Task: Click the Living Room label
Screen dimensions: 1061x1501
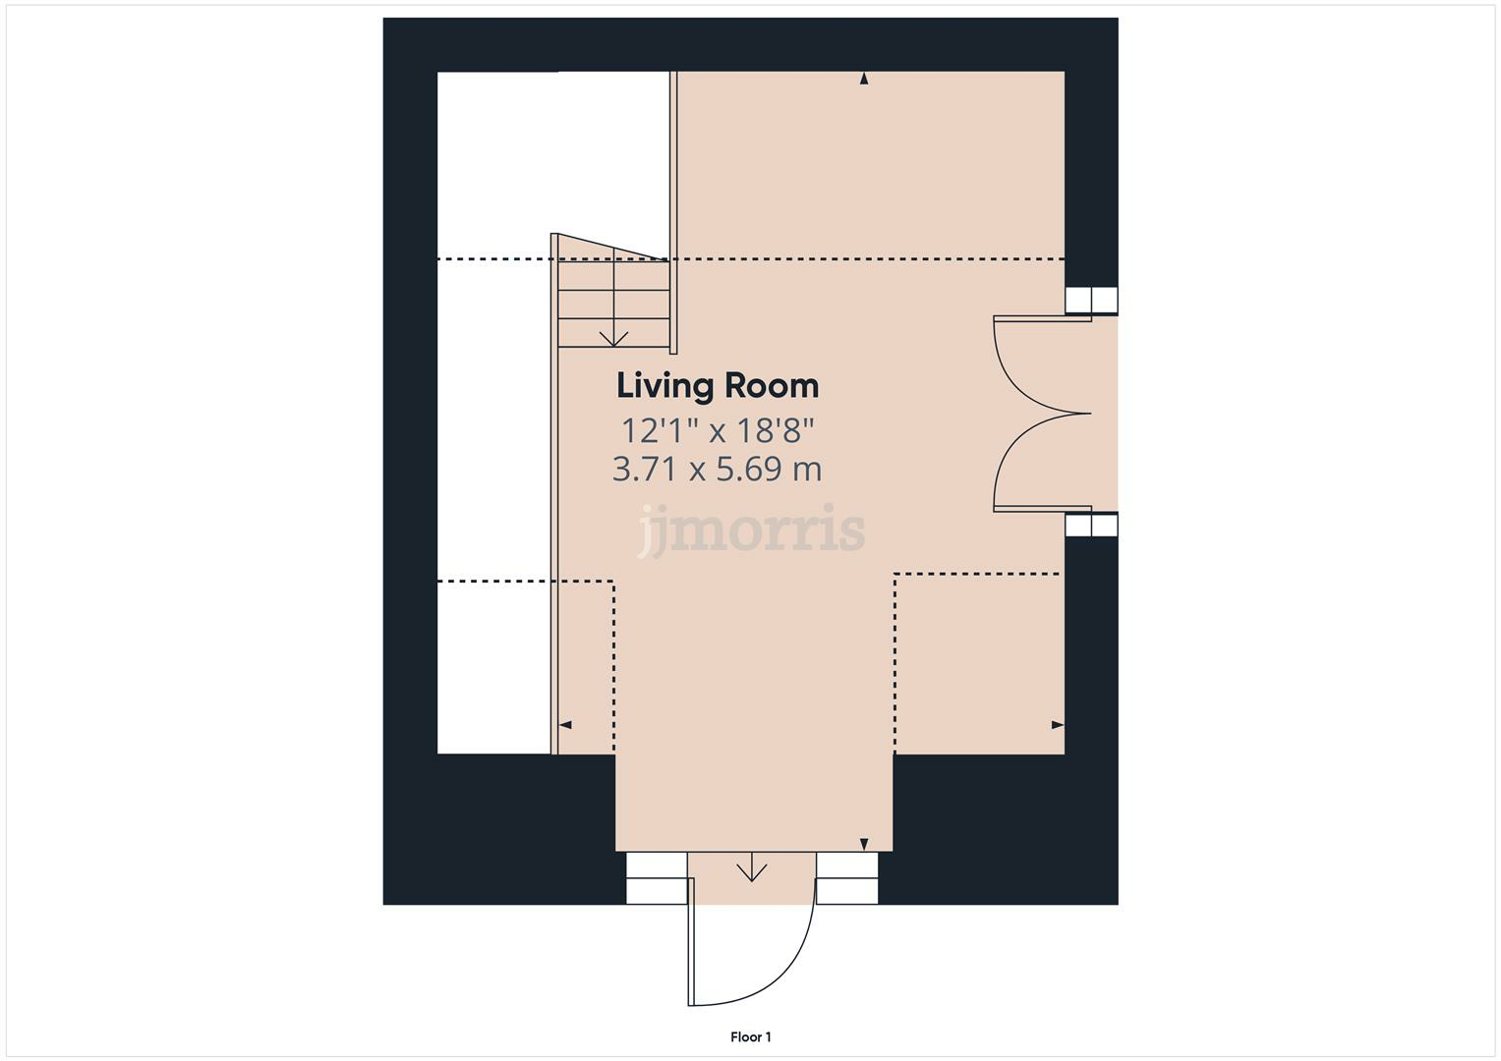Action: (x=718, y=386)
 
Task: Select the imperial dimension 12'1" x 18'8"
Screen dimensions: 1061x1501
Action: (x=718, y=430)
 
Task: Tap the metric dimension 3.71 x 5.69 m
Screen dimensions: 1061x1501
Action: (x=718, y=470)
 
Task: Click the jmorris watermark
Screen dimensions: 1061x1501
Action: (x=752, y=530)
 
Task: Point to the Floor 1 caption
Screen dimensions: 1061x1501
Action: (x=751, y=1036)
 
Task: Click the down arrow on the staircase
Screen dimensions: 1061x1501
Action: (x=614, y=336)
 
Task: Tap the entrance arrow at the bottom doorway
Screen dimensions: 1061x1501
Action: (x=752, y=869)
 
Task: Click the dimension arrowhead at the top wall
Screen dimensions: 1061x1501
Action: (x=864, y=79)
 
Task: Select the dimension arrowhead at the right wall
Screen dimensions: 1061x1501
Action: (x=1058, y=725)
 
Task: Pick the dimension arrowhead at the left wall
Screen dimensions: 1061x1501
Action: (x=565, y=725)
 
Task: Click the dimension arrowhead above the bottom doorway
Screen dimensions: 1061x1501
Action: (x=864, y=844)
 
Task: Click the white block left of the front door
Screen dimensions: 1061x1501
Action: (x=657, y=877)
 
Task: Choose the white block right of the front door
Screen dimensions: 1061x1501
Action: (x=847, y=877)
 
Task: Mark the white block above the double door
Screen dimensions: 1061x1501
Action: (x=1092, y=300)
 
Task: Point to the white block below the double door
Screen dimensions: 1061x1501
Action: (x=1092, y=526)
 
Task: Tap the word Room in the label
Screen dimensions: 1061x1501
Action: (x=772, y=386)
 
